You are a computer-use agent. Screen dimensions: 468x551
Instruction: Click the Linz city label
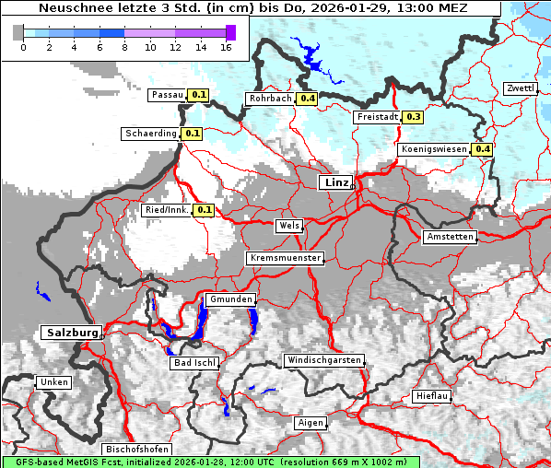click(336, 182)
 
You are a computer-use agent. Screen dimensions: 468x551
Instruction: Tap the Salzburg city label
click(71, 333)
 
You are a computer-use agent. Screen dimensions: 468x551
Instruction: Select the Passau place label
click(167, 95)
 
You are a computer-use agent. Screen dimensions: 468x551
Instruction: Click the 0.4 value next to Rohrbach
click(308, 99)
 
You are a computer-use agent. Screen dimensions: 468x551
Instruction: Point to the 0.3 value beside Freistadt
click(414, 117)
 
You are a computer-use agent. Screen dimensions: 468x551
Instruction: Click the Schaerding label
click(150, 134)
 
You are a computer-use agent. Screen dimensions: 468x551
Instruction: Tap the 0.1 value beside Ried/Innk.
click(204, 210)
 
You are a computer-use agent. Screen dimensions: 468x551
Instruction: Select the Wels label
click(288, 226)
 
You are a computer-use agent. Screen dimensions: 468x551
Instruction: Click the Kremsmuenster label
click(285, 258)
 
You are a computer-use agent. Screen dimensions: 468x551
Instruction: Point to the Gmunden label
click(229, 300)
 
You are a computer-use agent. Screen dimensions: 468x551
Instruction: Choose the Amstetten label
click(450, 237)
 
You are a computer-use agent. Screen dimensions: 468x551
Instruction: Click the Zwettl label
click(520, 88)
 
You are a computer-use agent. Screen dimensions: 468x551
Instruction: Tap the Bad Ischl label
click(194, 363)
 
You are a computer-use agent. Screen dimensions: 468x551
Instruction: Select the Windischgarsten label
click(323, 360)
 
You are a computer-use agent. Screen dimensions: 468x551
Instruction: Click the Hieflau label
click(431, 396)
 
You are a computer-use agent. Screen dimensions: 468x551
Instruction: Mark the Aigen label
click(310, 423)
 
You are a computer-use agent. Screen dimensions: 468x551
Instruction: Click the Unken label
click(53, 382)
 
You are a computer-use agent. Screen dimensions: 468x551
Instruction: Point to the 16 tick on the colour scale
click(226, 46)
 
